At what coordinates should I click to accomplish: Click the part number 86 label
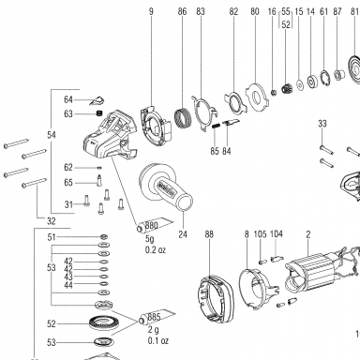point(182,12)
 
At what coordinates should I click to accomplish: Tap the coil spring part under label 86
point(183,117)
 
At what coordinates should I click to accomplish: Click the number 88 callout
point(209,234)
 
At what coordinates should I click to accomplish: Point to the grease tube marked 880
point(155,225)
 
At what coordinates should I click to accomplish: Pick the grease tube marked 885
point(157,317)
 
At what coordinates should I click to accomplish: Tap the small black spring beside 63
point(99,113)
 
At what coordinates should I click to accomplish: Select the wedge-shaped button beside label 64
point(97,100)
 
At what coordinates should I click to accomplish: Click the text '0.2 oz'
point(156,250)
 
